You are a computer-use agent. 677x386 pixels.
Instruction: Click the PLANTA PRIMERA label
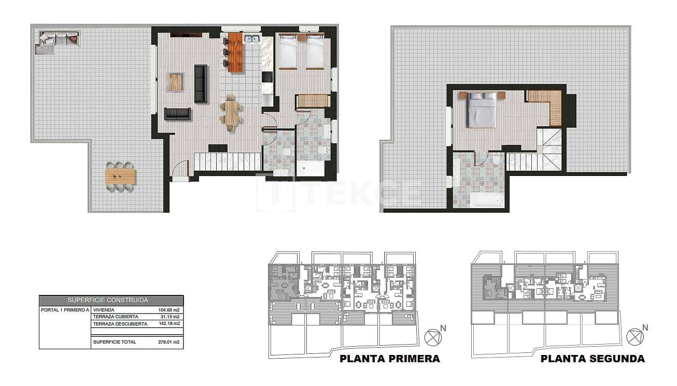[x=389, y=359]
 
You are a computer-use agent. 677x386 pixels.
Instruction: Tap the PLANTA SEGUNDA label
[x=593, y=359]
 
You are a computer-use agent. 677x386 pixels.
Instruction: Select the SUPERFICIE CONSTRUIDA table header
[x=111, y=300]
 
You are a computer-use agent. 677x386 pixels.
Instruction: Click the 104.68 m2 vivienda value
[x=168, y=310]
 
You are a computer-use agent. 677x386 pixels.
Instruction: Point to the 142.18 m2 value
[x=168, y=324]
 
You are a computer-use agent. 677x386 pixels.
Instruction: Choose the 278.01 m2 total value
[x=168, y=342]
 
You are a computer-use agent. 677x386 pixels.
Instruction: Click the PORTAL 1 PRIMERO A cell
[x=65, y=310]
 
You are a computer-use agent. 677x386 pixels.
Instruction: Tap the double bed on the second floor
[x=481, y=110]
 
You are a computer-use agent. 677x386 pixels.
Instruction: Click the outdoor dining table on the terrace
[x=120, y=176]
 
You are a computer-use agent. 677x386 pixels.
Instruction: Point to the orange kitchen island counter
[x=235, y=52]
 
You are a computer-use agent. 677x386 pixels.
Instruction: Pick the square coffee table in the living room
[x=175, y=82]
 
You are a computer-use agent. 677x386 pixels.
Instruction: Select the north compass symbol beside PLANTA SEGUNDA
[x=635, y=337]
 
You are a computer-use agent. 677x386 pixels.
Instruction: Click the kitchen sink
[x=252, y=38]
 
